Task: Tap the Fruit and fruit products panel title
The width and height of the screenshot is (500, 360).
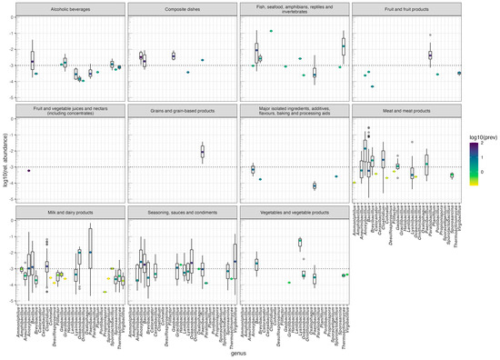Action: [x=406, y=8]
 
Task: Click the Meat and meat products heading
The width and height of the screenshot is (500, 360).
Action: [x=406, y=112]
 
